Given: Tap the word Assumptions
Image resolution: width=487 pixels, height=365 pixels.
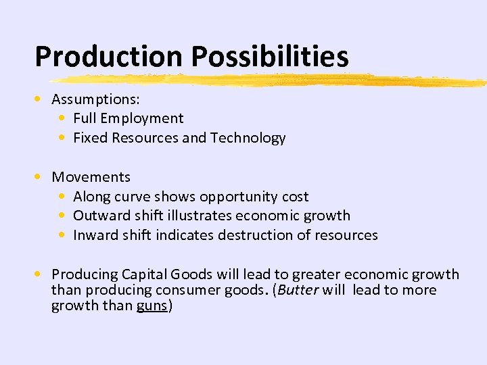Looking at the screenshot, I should pos(95,99).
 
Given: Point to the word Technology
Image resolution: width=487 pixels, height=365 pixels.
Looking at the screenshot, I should pos(248,139).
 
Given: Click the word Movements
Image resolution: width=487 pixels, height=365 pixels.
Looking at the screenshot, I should pos(91,177).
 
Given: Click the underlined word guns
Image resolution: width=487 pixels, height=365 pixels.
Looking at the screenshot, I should pos(152,306).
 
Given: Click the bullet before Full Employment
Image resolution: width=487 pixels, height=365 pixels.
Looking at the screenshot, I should pos(62,118).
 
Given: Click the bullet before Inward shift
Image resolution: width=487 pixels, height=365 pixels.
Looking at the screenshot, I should pos(62,235).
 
